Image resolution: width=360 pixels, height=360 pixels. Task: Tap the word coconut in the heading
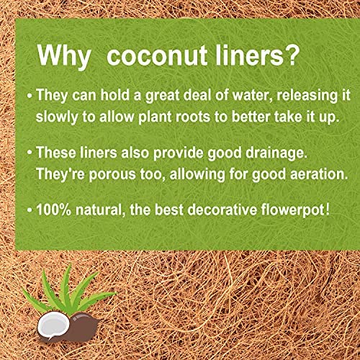[157, 55]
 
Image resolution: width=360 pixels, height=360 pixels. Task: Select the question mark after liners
[292, 55]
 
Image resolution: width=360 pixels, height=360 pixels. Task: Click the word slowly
[57, 117]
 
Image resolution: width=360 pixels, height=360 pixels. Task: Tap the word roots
[193, 117]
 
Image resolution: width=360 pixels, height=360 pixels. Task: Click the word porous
[112, 174]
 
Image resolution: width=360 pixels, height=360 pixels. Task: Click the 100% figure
[54, 210]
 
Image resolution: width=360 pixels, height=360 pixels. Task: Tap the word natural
[100, 210]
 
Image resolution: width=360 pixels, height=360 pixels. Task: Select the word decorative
[222, 210]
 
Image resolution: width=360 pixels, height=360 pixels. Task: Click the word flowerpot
[293, 210]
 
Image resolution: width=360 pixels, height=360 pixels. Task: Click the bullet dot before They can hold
[30, 96]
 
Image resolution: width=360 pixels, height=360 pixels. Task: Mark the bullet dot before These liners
[30, 153]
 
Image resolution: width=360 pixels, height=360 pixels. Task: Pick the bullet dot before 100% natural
[30, 210]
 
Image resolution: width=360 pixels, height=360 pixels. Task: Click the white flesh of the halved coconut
[53, 325]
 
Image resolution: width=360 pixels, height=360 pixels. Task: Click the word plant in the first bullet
[155, 117]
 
